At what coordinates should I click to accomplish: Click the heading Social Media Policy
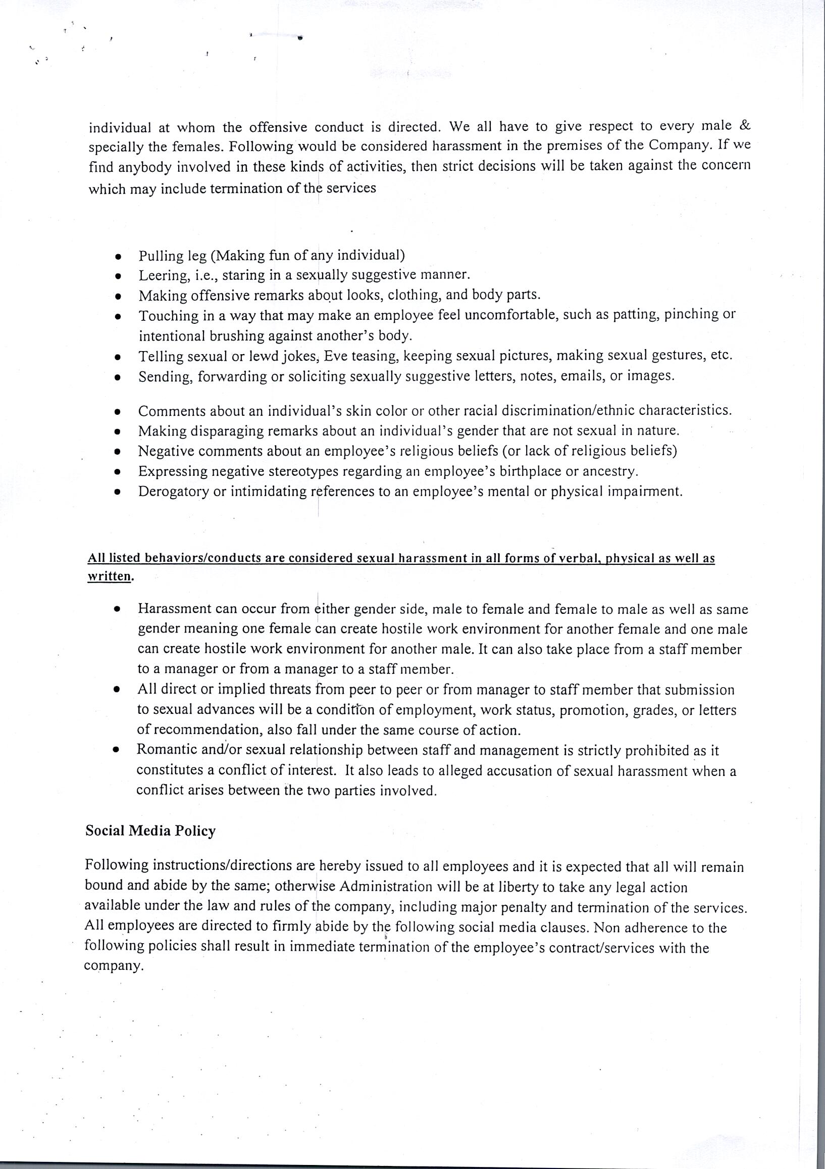point(150,831)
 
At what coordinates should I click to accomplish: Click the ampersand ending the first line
point(744,125)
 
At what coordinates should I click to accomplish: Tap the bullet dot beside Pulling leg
point(118,256)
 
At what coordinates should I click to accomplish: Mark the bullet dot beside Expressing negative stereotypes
point(118,472)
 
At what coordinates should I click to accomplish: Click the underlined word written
point(109,576)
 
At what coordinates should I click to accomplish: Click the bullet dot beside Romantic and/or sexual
point(117,751)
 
